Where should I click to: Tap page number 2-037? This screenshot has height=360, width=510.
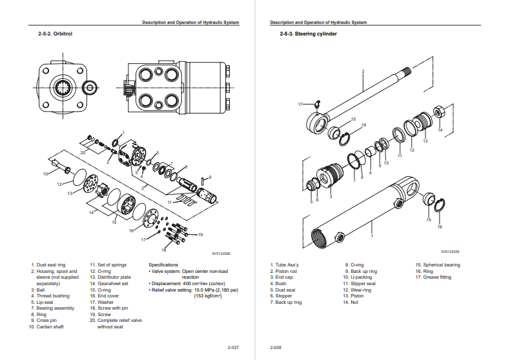[x=233, y=348]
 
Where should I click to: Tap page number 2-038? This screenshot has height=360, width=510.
[x=276, y=348]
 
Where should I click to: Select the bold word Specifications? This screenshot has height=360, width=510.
[x=163, y=265]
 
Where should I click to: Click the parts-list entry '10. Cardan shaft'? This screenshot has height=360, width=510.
[x=46, y=326]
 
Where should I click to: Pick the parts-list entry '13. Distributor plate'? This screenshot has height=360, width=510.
[x=110, y=277]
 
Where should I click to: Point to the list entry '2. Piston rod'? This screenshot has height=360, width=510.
[x=283, y=271]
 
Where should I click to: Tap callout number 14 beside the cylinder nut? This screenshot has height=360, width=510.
[x=440, y=130]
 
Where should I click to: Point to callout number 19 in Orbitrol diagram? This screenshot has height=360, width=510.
[x=200, y=234]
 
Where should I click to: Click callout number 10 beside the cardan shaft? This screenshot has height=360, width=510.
[x=45, y=174]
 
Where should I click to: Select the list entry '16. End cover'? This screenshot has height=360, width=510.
[x=106, y=295]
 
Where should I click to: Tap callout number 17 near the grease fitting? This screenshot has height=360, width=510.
[x=300, y=104]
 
